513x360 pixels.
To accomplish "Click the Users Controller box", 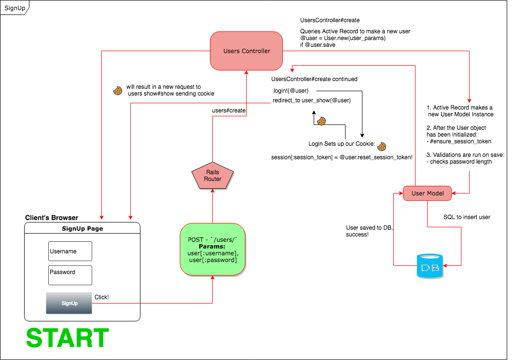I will pos(247,51).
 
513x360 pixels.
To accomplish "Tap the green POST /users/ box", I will pos(212,249).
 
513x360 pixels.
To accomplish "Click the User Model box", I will pos(427,194).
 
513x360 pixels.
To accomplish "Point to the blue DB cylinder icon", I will pos(429,266).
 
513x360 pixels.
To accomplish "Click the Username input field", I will pos(70,251).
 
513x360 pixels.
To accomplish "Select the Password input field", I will pos(70,275).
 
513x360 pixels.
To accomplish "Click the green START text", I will pos(68,338).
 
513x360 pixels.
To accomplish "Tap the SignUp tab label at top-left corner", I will pos(14,8).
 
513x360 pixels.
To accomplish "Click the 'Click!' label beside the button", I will pos(102,297).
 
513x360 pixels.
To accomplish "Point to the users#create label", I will pos(229,111).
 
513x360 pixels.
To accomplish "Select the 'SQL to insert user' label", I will pos(467,217).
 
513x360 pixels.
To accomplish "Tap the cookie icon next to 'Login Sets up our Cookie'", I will pos(382,146).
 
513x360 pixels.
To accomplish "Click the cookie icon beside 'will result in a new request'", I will pos(117,90).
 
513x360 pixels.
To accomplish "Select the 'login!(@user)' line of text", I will pos(291,91).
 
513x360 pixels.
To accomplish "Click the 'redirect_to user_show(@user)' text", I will pos(311,100).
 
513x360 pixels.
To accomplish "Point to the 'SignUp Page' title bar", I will pos(82,229).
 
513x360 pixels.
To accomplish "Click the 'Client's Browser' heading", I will pos(52,218).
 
